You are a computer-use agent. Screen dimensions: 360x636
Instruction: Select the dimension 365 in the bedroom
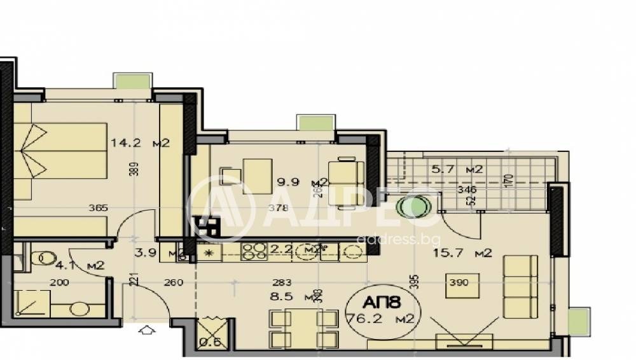[98, 208]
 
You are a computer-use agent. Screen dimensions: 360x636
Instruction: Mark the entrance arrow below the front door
[146, 330]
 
